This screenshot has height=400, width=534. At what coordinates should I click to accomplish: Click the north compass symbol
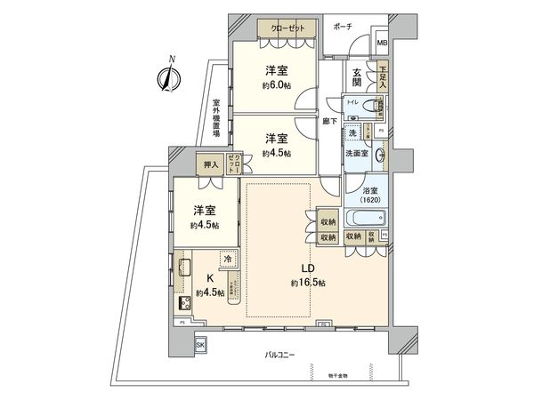pyautogui.click(x=166, y=77)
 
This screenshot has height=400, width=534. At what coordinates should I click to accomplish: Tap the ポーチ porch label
pyautogui.click(x=343, y=27)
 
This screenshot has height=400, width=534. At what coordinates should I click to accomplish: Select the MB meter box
pyautogui.click(x=382, y=44)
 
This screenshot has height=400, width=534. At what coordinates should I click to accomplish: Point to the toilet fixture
pyautogui.click(x=371, y=108)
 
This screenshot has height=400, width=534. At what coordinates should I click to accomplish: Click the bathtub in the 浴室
pyautogui.click(x=360, y=217)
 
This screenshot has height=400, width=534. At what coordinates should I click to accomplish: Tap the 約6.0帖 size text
pyautogui.click(x=273, y=85)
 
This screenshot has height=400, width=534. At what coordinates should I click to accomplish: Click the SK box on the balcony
pyautogui.click(x=200, y=344)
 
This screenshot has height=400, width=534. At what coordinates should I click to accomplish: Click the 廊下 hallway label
pyautogui.click(x=330, y=122)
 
